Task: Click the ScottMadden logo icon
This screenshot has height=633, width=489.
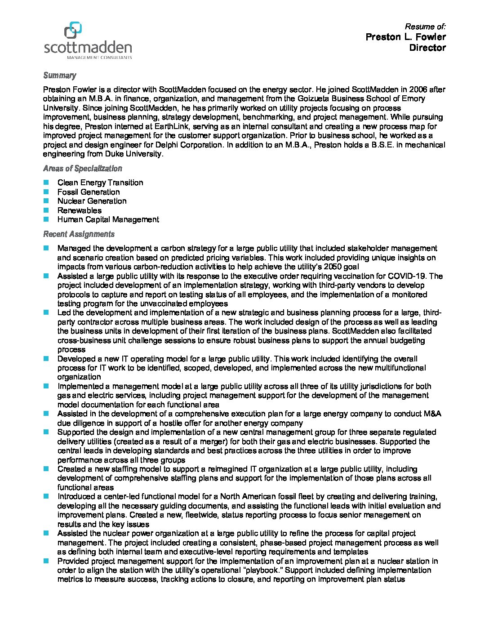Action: pos(73,30)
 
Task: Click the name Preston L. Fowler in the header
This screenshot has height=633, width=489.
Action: pos(405,37)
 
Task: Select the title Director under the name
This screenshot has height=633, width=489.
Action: pos(427,48)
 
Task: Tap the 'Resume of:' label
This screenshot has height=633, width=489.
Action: pos(425,27)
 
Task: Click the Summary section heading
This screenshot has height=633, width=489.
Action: pos(59,76)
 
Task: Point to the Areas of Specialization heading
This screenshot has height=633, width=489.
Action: pos(82,169)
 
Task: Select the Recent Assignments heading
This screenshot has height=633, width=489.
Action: pos(79,234)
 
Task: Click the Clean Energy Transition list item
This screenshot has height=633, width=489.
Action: pos(100,183)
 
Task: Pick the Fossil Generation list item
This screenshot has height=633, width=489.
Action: pos(89,192)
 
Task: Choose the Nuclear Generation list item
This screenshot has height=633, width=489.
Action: pos(92,201)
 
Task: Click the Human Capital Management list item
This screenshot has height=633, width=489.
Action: pos(108,219)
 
